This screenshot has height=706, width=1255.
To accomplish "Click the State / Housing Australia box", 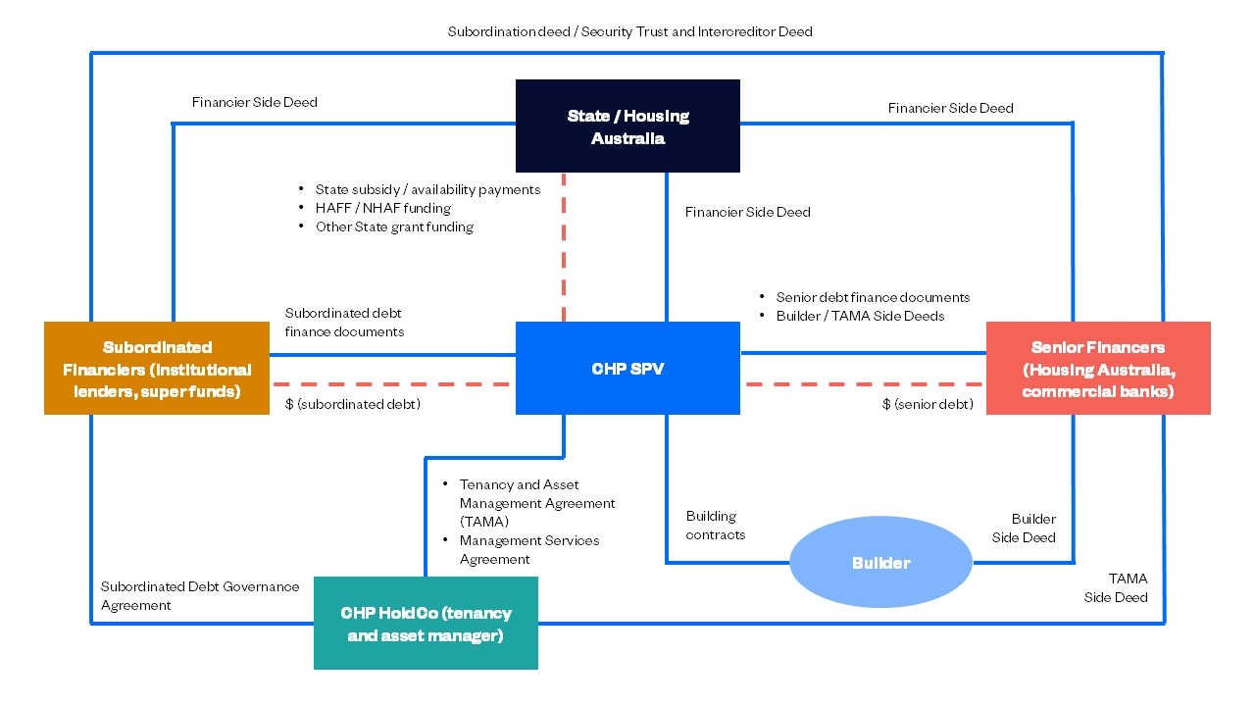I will click(x=627, y=126).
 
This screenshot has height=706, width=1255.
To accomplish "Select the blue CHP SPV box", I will click(x=627, y=369).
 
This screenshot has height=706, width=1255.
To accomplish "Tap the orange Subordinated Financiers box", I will click(x=157, y=369).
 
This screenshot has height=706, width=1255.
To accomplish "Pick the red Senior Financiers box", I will click(x=1098, y=369).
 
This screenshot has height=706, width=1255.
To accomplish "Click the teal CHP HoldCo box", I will click(x=426, y=624).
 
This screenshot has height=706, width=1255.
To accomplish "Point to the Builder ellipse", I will click(x=880, y=563).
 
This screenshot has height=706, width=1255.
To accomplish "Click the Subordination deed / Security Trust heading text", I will click(x=629, y=31).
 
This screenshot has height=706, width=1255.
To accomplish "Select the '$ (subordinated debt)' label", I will click(x=352, y=404).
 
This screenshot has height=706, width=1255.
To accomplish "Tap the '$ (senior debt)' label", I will click(x=928, y=404).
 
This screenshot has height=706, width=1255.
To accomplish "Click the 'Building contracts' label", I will click(x=715, y=526).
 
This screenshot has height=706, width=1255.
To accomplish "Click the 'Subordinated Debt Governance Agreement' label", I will click(x=200, y=596).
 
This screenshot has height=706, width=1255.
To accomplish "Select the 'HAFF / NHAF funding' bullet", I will click(x=382, y=208).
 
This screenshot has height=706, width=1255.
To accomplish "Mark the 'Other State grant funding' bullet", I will click(x=394, y=227).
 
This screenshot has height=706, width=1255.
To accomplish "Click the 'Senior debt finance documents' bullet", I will click(x=873, y=297).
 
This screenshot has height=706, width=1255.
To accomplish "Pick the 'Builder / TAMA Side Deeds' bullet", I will click(x=860, y=316).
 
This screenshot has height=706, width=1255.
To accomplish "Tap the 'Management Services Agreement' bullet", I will click(x=529, y=550).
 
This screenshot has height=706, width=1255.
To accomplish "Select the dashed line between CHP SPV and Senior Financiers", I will click(x=863, y=384).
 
